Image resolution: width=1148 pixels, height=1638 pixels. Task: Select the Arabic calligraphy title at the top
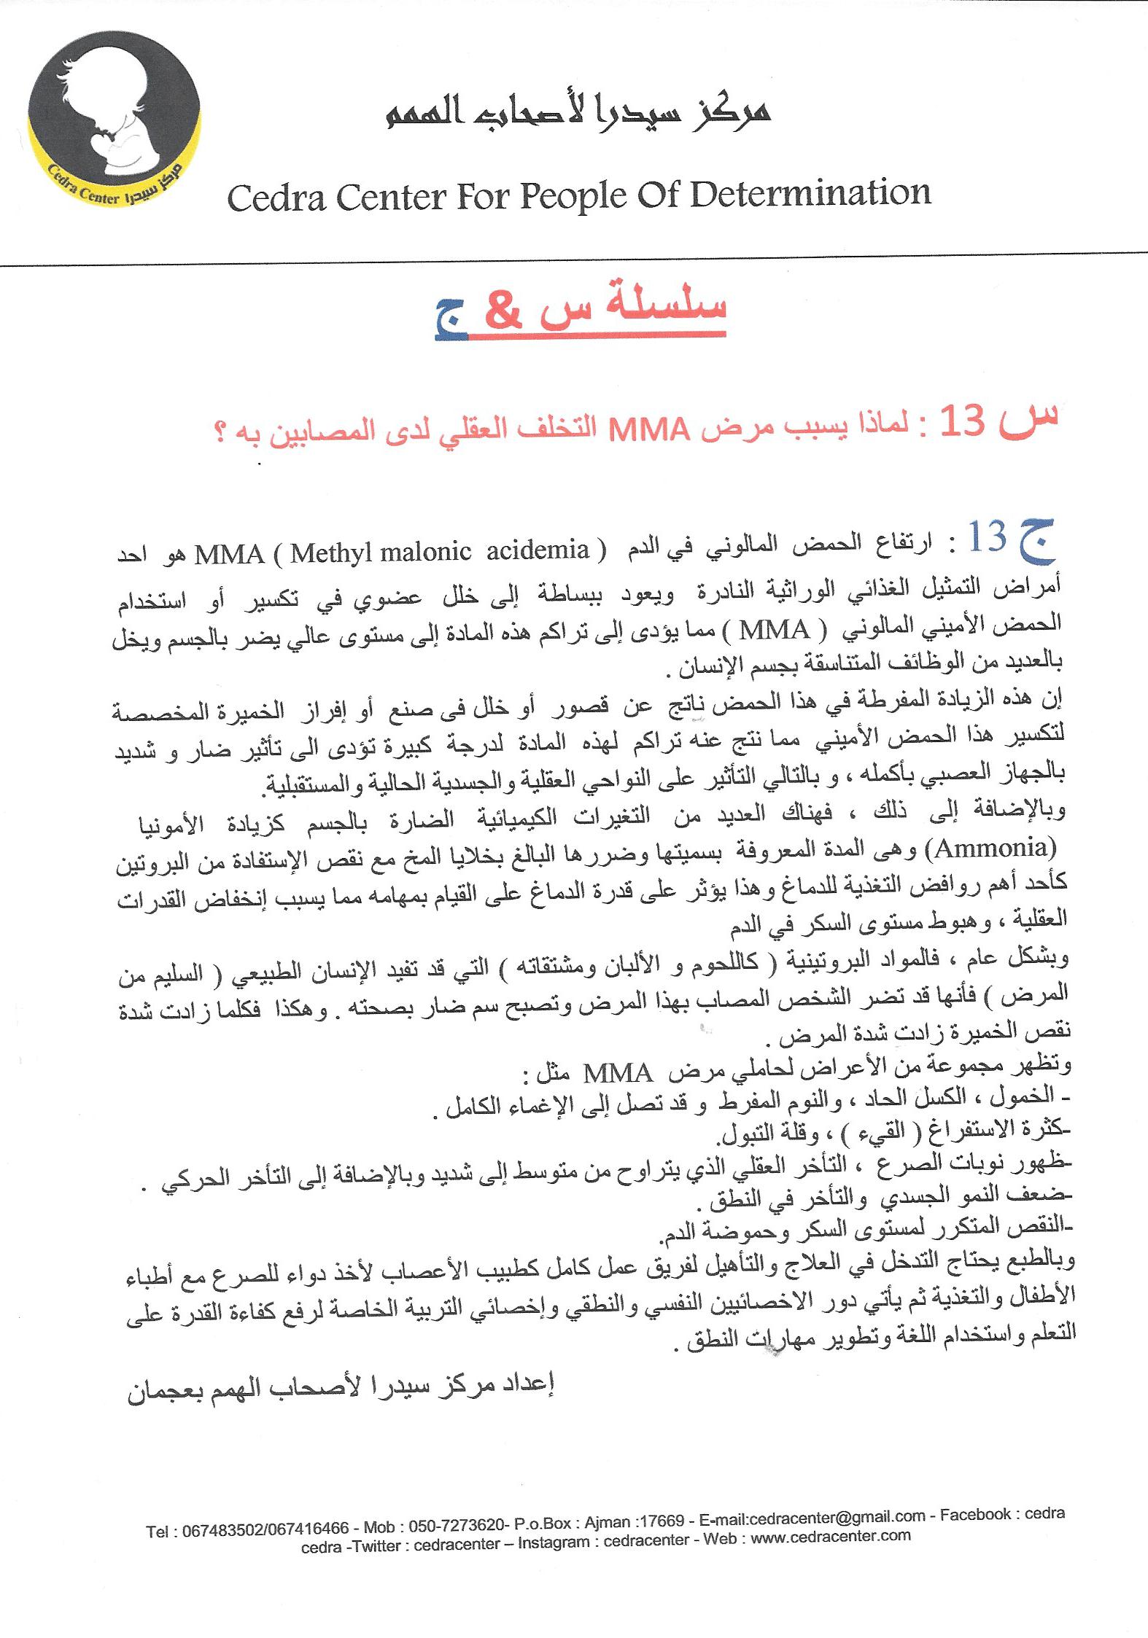pos(579,112)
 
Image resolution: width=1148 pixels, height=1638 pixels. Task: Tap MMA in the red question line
pos(649,432)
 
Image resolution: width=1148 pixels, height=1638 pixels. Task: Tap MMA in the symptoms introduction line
pos(618,1074)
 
